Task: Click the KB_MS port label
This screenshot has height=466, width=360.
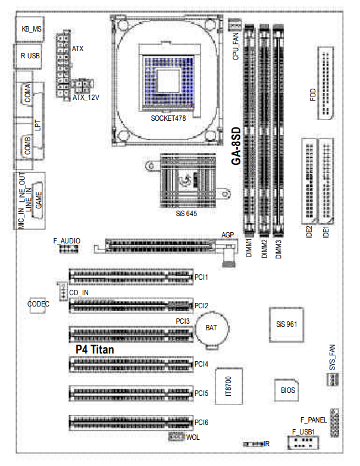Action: tap(32, 29)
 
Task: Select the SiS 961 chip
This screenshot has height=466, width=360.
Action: tap(286, 324)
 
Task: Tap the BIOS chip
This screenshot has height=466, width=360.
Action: tap(287, 390)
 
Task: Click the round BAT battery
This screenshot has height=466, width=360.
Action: tap(211, 329)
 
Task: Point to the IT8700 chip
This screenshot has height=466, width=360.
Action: tap(228, 386)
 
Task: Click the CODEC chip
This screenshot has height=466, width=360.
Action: tap(37, 305)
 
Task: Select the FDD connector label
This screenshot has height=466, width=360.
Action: tap(313, 95)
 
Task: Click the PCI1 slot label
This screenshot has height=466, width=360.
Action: tap(201, 277)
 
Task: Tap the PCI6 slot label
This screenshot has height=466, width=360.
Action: tap(201, 423)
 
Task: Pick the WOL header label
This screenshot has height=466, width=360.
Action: tap(193, 437)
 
